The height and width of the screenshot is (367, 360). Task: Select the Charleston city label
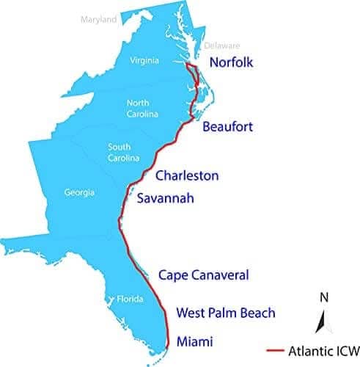(x=187, y=175)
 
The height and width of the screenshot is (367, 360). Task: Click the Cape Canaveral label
(x=204, y=275)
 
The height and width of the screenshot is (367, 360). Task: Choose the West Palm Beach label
(x=226, y=313)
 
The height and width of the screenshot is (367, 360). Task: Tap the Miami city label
(x=194, y=341)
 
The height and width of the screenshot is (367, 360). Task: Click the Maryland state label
(x=98, y=20)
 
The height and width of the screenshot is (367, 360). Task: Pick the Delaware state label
(x=222, y=45)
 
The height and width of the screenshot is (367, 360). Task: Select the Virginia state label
(x=144, y=61)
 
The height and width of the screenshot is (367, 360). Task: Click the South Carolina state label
(x=119, y=152)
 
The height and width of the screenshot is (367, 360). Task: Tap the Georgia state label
(x=79, y=193)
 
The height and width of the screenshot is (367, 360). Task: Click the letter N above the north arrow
(x=323, y=297)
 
